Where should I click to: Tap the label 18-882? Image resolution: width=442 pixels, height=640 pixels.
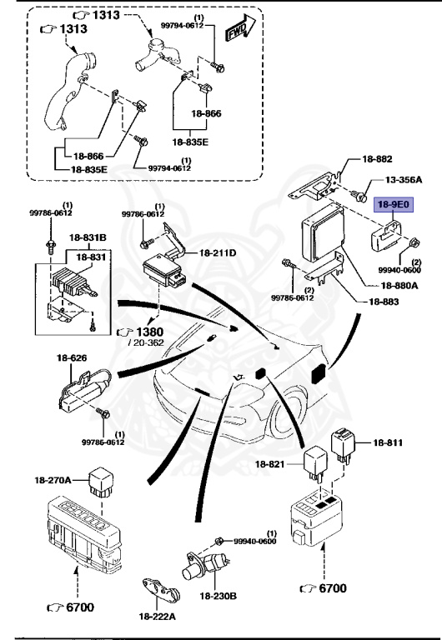pyautogui.click(x=378, y=158)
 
